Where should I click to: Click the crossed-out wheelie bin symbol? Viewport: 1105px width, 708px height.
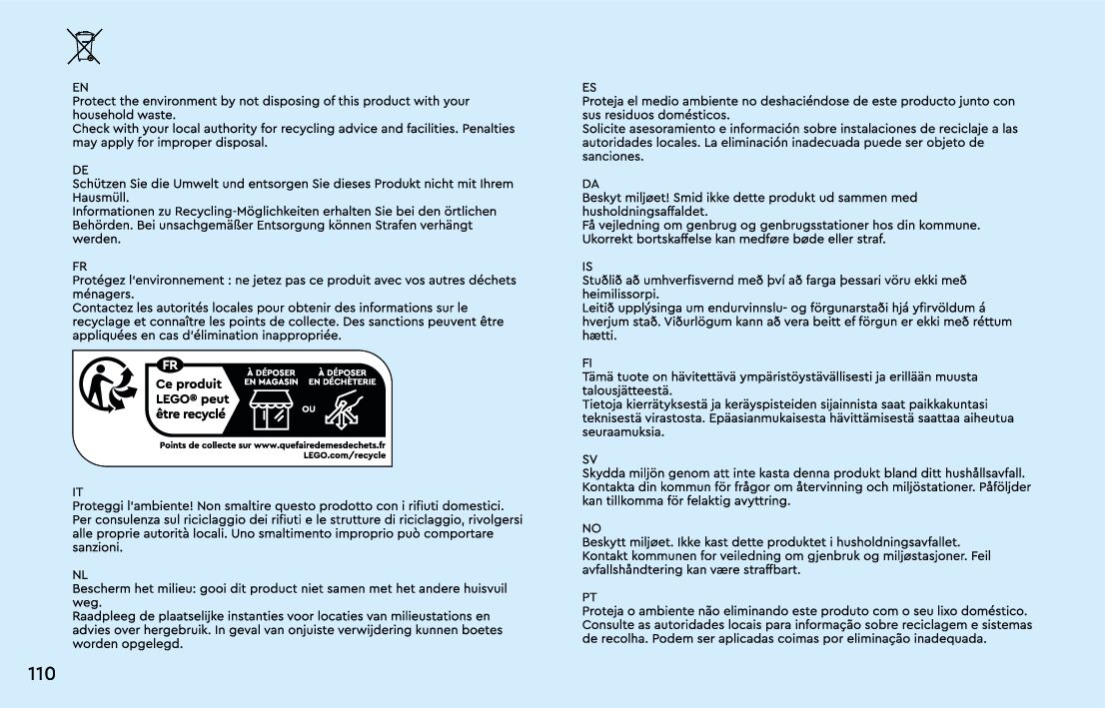pos(84,47)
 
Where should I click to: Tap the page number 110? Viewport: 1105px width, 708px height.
pos(41,675)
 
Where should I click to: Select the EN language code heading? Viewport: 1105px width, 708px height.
pos(80,88)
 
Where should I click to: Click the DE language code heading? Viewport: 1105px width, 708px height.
pos(80,171)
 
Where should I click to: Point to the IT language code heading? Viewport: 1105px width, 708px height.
pos(78,492)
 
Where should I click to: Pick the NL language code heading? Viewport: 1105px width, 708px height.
pos(80,575)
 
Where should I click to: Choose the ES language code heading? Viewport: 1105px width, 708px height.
pos(589,88)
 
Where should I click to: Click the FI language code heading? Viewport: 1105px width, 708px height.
pos(587,363)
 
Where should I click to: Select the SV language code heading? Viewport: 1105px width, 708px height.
pos(589,459)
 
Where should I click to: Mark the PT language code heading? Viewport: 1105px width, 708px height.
pos(589,597)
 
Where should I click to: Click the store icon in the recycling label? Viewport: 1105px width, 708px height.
pos(272,408)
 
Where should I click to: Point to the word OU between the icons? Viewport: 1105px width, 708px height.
pos(309,408)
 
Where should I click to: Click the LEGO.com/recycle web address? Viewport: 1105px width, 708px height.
pos(344,455)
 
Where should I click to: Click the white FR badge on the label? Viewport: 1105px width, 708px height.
pos(172,364)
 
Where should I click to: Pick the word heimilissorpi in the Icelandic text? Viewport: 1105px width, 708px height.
pos(620,295)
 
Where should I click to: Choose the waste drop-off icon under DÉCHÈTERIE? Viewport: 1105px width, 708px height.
pos(343,409)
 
